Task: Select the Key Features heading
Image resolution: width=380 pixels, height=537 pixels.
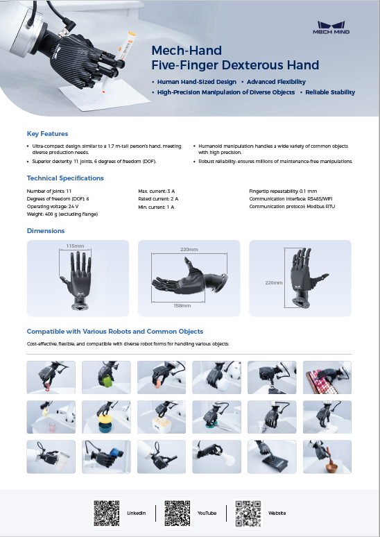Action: [47, 133]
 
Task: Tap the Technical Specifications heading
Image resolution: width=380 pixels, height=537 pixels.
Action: [65, 178]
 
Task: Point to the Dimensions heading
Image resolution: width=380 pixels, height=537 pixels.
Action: [46, 230]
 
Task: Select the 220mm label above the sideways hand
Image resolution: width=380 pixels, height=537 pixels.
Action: [189, 250]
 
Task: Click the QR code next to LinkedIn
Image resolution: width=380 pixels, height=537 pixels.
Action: [107, 512]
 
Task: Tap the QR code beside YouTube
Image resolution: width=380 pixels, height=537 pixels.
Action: [178, 512]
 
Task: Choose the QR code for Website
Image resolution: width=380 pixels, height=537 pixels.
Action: [248, 512]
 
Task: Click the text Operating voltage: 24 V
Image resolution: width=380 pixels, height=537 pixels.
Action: [53, 207]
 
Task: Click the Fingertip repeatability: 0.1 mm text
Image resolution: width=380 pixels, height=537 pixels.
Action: [283, 190]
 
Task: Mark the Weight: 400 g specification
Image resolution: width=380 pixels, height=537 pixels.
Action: [62, 215]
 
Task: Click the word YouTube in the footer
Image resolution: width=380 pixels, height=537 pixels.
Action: [207, 513]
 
